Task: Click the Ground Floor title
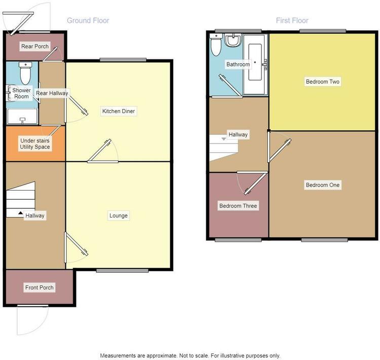tap(88, 20)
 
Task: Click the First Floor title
tap(292, 20)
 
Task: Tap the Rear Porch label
tap(35, 46)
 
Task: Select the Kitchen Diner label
tap(119, 111)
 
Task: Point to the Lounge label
tap(119, 215)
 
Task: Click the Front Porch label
tap(39, 287)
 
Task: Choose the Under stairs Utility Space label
tap(35, 143)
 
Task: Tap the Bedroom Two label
tap(323, 82)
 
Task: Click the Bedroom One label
tap(323, 185)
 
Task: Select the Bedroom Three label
tap(238, 206)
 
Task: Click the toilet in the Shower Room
tap(25, 73)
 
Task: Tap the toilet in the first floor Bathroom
tap(216, 45)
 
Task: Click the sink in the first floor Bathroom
tap(233, 40)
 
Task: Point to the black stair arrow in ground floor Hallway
tap(21, 213)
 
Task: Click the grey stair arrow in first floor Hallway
tap(223, 139)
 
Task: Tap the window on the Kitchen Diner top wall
tap(123, 60)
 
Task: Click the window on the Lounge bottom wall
tap(122, 271)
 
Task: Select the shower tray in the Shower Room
tap(22, 117)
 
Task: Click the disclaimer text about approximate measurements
tap(190, 355)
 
